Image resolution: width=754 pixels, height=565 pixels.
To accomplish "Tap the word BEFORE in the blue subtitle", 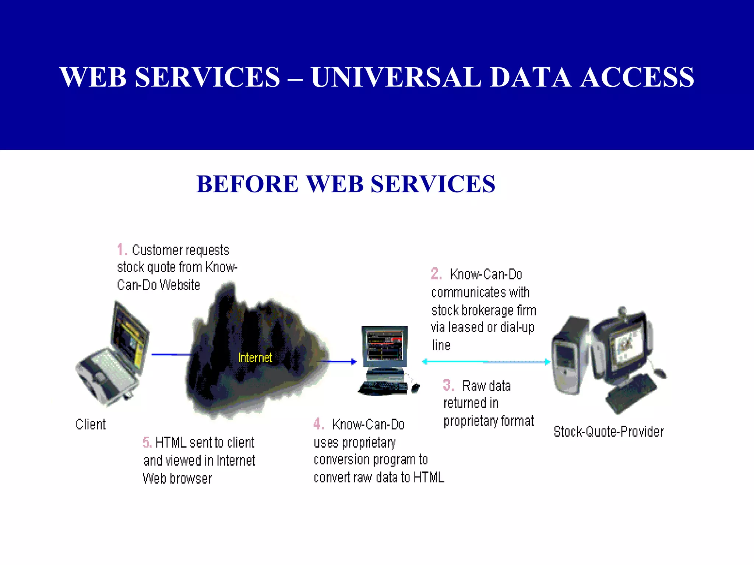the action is pyautogui.click(x=247, y=184).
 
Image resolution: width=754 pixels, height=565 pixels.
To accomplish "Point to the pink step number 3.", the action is pyautogui.click(x=448, y=385).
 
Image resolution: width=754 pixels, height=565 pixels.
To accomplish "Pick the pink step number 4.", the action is pyautogui.click(x=318, y=424).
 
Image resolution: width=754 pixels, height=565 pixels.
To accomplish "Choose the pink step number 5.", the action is pyautogui.click(x=146, y=443).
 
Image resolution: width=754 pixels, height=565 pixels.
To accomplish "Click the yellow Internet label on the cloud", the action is pyautogui.click(x=255, y=358).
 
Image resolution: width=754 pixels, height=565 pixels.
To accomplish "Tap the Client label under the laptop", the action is pyautogui.click(x=91, y=424).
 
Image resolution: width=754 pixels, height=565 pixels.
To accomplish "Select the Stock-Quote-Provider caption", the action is pyautogui.click(x=609, y=431).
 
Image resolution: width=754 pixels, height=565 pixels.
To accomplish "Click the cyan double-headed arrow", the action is pyautogui.click(x=486, y=362).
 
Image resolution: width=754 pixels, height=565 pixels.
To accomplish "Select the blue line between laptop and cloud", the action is pyautogui.click(x=171, y=355).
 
